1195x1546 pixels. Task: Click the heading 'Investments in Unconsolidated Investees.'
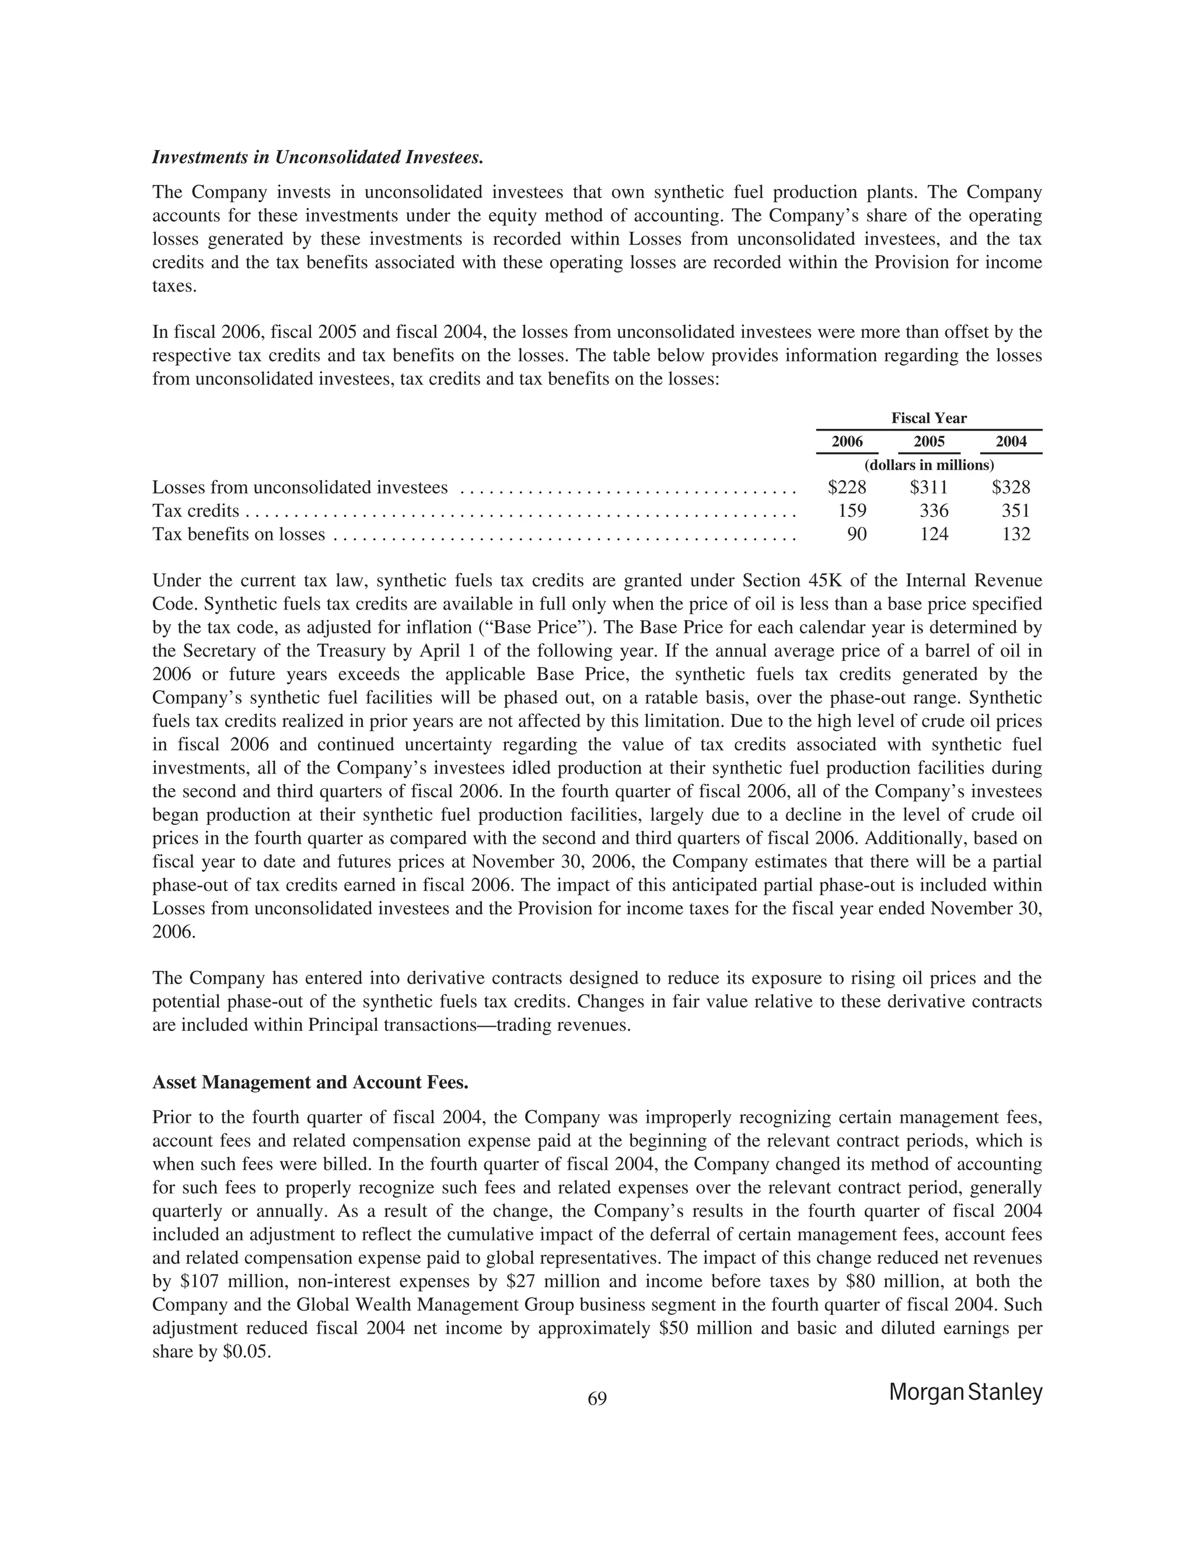point(318,157)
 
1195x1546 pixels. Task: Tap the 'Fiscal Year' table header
point(929,418)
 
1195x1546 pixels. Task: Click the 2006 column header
point(847,442)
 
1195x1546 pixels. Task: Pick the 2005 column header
point(929,442)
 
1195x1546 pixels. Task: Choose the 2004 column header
point(1011,442)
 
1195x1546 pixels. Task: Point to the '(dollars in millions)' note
point(929,465)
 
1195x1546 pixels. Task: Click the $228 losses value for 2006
point(847,488)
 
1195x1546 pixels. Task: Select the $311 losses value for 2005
point(929,488)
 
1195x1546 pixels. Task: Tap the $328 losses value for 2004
point(1011,488)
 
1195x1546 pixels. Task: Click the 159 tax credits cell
point(852,511)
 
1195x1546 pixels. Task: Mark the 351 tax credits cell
point(1016,511)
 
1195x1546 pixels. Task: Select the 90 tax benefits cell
point(857,534)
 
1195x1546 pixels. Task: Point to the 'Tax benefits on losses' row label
point(239,534)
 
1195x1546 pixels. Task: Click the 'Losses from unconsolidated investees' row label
point(300,488)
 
